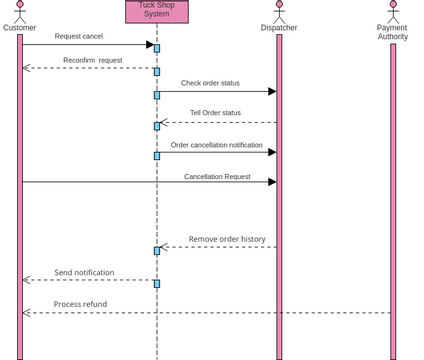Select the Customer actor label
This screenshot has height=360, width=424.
point(19,28)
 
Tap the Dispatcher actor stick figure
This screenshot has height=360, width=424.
point(279,11)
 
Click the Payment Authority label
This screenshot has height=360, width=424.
point(392,32)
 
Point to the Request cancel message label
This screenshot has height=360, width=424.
point(78,36)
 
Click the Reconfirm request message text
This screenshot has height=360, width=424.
point(92,60)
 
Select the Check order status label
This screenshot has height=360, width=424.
point(210,83)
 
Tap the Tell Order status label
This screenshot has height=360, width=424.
point(215,113)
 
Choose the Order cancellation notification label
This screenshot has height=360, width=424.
point(216,145)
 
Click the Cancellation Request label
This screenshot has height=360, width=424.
point(217,177)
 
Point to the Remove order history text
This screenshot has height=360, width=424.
point(227,239)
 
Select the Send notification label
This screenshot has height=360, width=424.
point(84,272)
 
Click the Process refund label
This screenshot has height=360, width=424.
point(80,304)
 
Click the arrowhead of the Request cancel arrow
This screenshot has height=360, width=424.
point(150,44)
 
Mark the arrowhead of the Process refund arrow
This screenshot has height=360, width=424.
point(27,313)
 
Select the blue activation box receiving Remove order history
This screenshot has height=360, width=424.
point(157,251)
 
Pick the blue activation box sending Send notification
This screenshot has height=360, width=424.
point(157,283)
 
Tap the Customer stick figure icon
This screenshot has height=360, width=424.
point(19,11)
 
